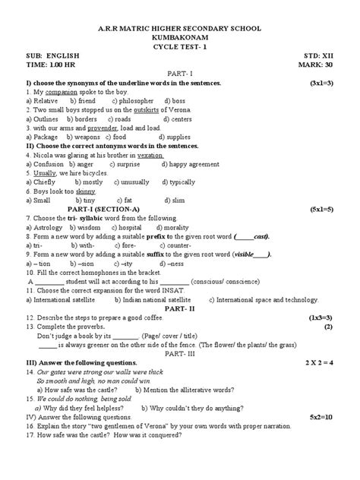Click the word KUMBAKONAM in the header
[180, 36]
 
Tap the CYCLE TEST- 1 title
[180, 45]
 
